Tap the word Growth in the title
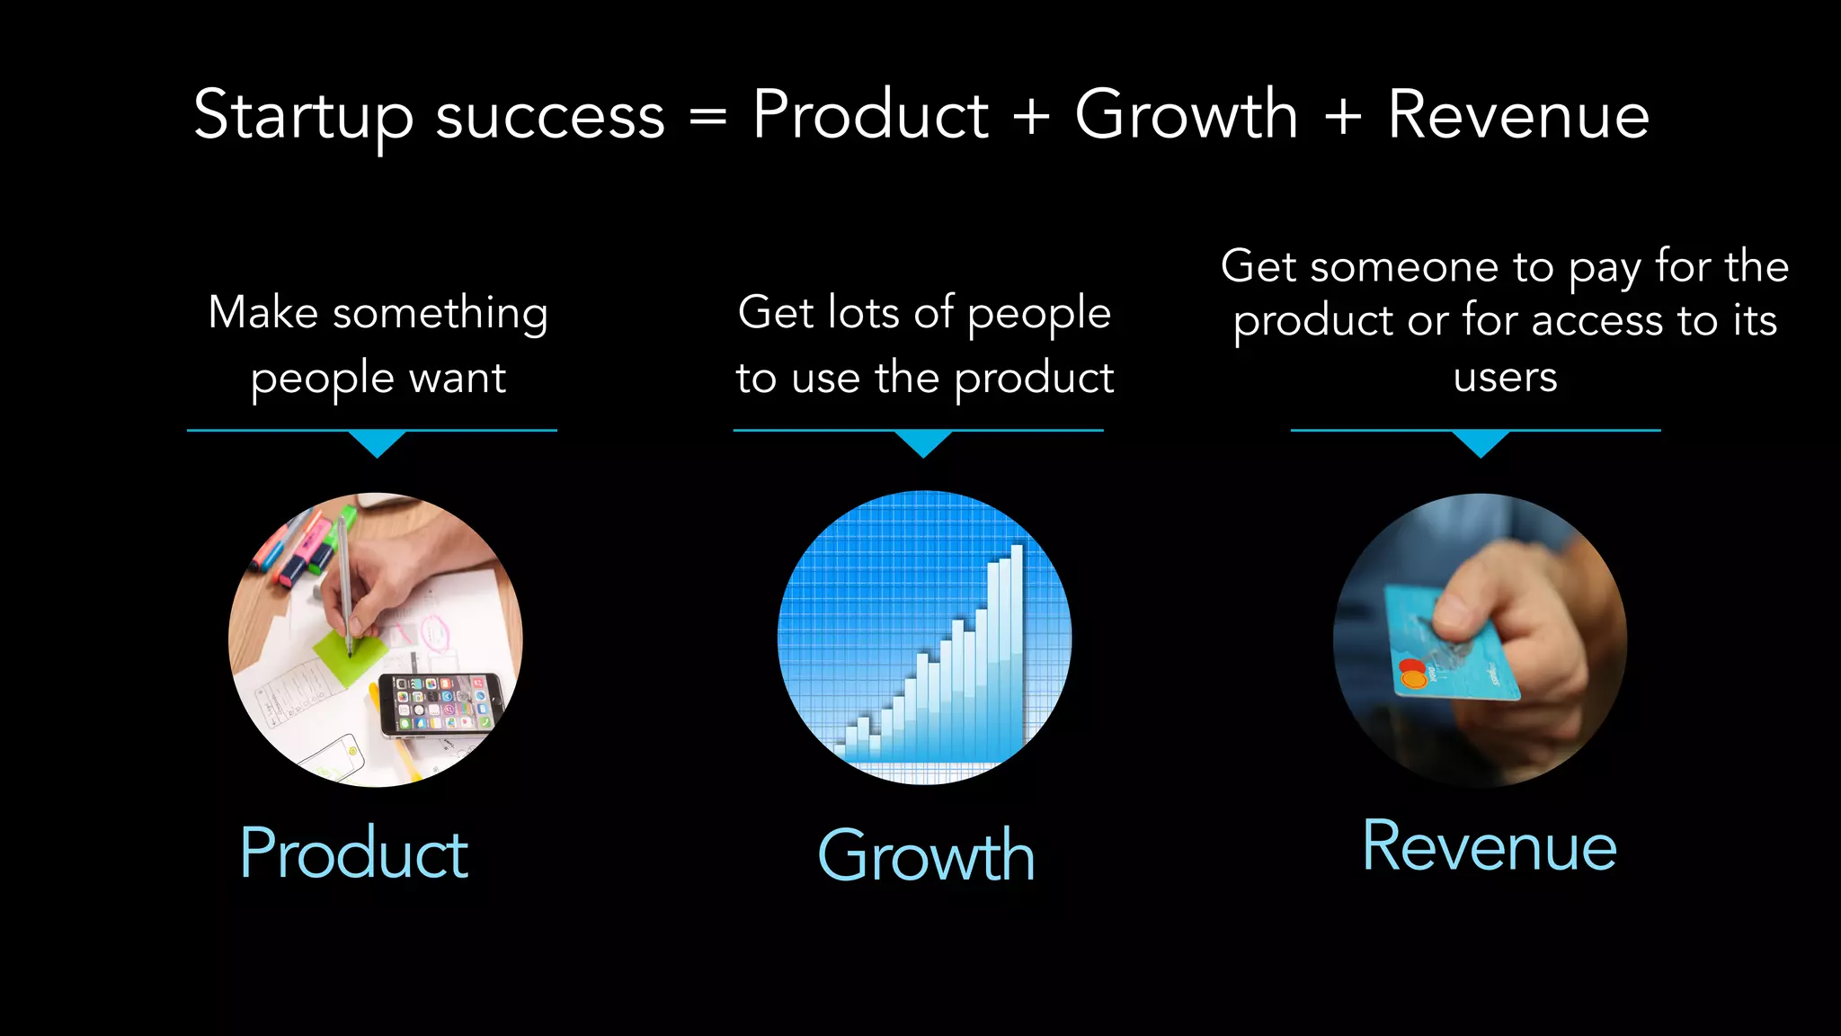[1186, 115]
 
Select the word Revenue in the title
[1517, 115]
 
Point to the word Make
[262, 313]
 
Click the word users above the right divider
[1505, 378]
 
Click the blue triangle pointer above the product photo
[377, 442]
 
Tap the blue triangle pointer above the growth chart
[923, 442]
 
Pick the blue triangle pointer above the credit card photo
[1481, 442]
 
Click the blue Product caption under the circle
[354, 853]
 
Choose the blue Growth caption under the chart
[926, 855]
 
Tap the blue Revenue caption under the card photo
[1489, 846]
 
